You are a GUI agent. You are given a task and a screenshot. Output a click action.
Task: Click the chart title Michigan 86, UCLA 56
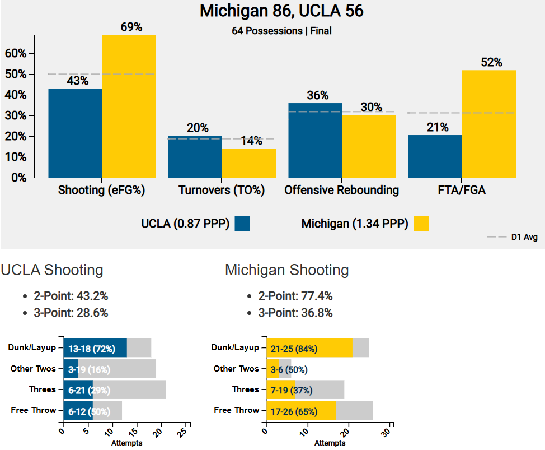click(x=281, y=11)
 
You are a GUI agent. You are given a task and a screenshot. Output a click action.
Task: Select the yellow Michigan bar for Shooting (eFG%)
click(x=129, y=106)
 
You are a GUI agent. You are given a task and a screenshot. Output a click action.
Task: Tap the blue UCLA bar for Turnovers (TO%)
click(x=195, y=157)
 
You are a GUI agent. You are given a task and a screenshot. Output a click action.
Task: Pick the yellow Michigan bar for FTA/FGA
click(x=488, y=124)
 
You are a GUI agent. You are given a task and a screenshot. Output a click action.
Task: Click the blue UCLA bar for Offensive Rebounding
click(x=315, y=140)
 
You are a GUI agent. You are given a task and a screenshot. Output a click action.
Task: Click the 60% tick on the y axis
click(x=16, y=54)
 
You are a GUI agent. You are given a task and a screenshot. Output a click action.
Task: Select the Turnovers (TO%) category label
click(x=221, y=191)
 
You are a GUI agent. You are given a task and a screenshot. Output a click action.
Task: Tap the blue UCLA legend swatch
click(x=242, y=224)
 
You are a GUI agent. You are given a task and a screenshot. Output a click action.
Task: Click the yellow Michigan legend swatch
click(x=421, y=224)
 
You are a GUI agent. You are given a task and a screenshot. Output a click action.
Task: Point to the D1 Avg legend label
click(x=524, y=238)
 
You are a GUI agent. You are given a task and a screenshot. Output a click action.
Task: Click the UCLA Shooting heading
click(x=52, y=270)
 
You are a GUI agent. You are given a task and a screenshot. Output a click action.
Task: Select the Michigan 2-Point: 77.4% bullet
click(x=295, y=296)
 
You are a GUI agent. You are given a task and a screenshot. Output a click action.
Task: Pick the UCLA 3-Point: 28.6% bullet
click(x=71, y=313)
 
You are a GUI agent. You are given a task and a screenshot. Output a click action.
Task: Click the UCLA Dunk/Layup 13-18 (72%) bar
click(x=95, y=348)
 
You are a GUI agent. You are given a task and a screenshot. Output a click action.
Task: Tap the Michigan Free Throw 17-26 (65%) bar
click(x=302, y=411)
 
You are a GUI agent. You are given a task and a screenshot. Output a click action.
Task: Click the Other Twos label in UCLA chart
click(x=34, y=369)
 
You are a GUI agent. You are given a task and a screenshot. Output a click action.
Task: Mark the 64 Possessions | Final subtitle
click(x=281, y=31)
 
